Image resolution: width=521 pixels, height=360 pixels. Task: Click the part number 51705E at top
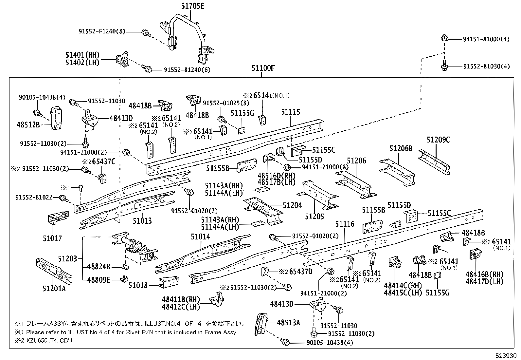[192, 6]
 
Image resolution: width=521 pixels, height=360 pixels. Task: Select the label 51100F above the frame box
[263, 68]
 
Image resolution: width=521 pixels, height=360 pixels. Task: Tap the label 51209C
[438, 140]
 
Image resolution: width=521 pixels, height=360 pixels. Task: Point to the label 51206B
[401, 148]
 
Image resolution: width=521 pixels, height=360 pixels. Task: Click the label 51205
[314, 217]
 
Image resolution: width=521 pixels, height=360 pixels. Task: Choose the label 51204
[292, 205]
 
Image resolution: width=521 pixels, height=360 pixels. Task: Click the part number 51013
[142, 220]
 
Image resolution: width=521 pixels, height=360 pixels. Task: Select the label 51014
[200, 237]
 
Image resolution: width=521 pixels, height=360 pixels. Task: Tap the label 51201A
[54, 289]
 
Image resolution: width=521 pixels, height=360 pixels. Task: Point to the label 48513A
[288, 323]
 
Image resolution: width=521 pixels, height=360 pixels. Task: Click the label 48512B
[28, 124]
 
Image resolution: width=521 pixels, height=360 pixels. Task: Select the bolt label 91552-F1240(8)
[102, 31]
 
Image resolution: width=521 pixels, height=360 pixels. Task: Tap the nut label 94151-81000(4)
[486, 39]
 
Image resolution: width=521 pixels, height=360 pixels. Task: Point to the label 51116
[345, 224]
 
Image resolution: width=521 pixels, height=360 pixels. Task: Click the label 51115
[290, 112]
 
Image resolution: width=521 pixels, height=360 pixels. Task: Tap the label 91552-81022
[34, 197]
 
